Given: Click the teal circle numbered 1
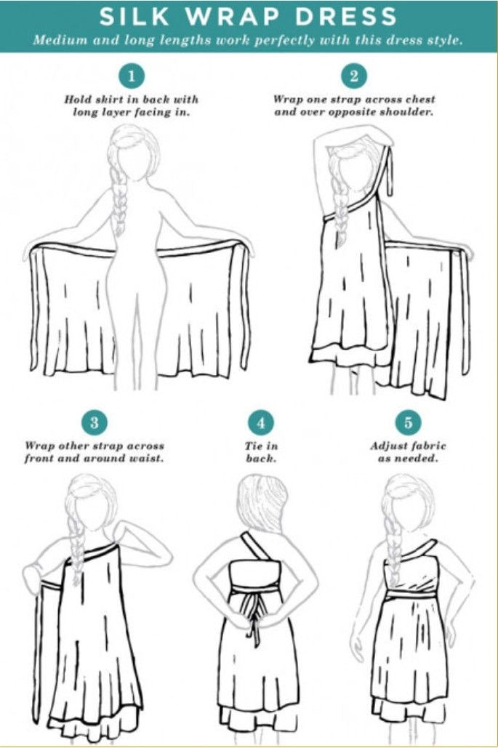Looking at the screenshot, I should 132,76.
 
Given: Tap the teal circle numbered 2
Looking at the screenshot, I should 354,76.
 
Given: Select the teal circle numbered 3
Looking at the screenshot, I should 94,422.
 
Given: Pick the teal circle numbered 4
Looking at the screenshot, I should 260,422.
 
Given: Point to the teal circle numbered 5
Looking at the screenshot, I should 406,422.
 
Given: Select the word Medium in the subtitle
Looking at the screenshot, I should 59,40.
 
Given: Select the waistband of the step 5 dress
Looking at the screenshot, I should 410,595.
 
